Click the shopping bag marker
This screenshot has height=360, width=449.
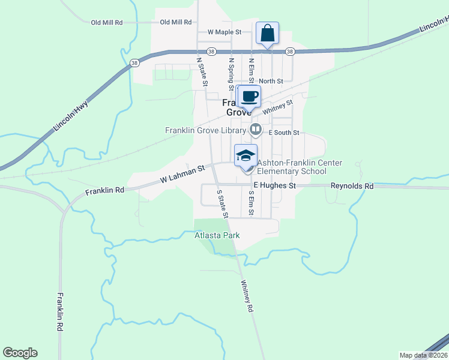267,33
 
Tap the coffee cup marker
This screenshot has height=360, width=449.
250,96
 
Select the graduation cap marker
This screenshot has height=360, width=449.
245,155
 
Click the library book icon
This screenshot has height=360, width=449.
256,129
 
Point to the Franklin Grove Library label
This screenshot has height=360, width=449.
205,130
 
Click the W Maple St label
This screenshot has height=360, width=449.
224,32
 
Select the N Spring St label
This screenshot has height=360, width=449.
231,71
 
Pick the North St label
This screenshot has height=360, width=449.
271,81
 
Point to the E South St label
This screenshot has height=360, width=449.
283,132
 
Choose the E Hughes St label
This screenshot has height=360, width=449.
275,186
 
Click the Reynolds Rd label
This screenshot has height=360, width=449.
352,186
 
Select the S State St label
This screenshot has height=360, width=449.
222,203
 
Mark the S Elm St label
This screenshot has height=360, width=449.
251,203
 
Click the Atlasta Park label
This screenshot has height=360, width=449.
217,235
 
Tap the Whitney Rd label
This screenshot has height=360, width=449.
247,296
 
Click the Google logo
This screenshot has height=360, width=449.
20,353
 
